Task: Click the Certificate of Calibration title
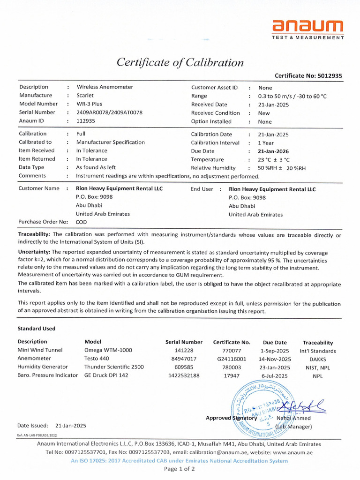pyautogui.click(x=180, y=62)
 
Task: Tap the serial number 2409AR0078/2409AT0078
pyautogui.click(x=110, y=112)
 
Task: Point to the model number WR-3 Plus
pyautogui.click(x=89, y=104)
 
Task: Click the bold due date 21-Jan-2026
pyautogui.click(x=273, y=151)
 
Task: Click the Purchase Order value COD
pyautogui.click(x=81, y=222)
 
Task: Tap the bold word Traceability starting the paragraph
pyautogui.click(x=34, y=234)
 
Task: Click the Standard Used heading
pyautogui.click(x=37, y=329)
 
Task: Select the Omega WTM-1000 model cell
pyautogui.click(x=108, y=350)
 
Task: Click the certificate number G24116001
pyautogui.click(x=231, y=359)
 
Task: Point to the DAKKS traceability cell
pyautogui.click(x=318, y=359)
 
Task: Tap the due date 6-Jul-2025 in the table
pyautogui.click(x=274, y=375)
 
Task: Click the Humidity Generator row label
pyautogui.click(x=43, y=367)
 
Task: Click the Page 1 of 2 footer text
pyautogui.click(x=180, y=469)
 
